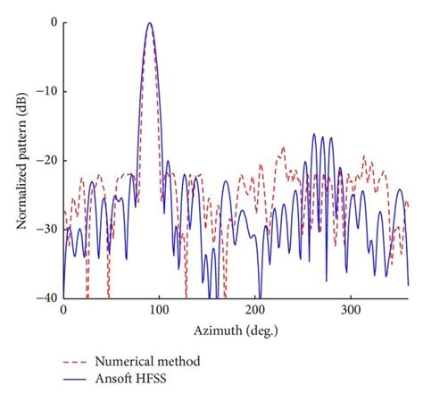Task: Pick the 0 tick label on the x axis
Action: click(x=62, y=310)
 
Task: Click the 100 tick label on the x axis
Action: click(x=159, y=310)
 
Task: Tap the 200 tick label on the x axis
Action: click(x=254, y=310)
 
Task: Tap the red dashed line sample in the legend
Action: click(x=79, y=363)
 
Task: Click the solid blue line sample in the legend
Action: click(x=79, y=382)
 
